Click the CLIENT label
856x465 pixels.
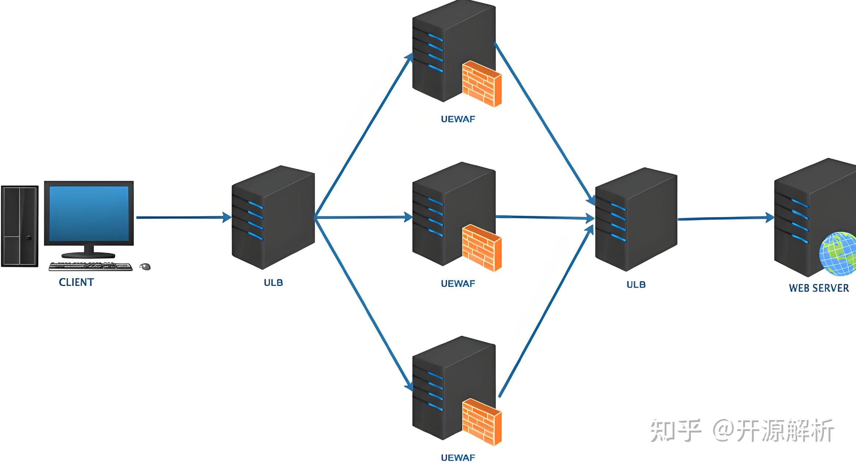(76, 282)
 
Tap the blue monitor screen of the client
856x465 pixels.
(89, 214)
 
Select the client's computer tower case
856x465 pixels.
(20, 226)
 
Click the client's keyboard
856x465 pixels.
(91, 266)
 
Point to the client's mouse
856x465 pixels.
(145, 267)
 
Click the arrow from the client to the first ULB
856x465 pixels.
(184, 217)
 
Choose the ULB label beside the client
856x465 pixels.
(273, 282)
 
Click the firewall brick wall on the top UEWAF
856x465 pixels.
(482, 84)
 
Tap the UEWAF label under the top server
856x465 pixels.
(458, 119)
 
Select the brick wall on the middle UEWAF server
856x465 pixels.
(482, 248)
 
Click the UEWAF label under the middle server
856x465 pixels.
(458, 283)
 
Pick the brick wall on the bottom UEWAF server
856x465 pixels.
(482, 422)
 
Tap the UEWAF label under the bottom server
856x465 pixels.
(458, 457)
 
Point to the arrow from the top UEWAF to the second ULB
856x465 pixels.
(545, 124)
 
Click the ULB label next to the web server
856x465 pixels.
(636, 284)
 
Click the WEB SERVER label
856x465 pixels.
(819, 288)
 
